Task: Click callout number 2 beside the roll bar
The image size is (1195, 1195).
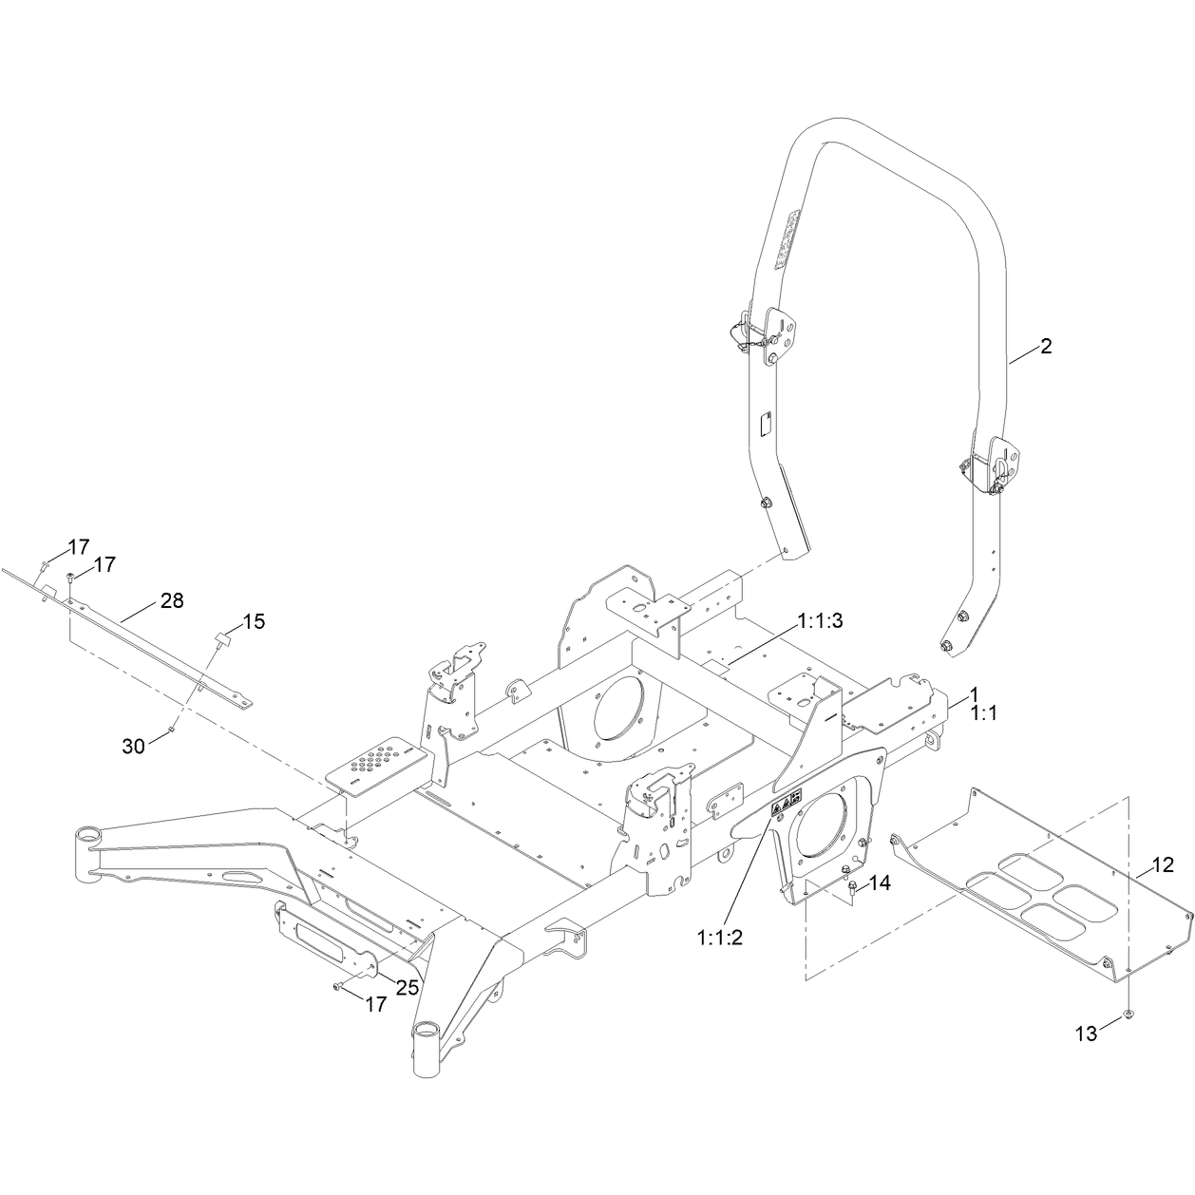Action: pos(1046,346)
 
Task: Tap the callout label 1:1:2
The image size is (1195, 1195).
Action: pos(719,938)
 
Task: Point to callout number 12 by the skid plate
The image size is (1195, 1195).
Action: pos(1163,865)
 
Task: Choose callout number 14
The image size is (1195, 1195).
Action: pos(880,883)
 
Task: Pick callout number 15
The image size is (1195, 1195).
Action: pos(254,621)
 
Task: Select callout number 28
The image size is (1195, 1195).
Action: pos(172,600)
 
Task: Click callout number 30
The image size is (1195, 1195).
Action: pos(133,747)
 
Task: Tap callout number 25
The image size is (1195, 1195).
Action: pos(408,988)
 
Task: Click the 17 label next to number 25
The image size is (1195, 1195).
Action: pos(375,1004)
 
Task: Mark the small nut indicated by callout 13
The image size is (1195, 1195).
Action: pos(1128,1015)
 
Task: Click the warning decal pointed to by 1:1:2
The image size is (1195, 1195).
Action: pos(786,805)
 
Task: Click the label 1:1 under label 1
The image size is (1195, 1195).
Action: pos(984,713)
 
